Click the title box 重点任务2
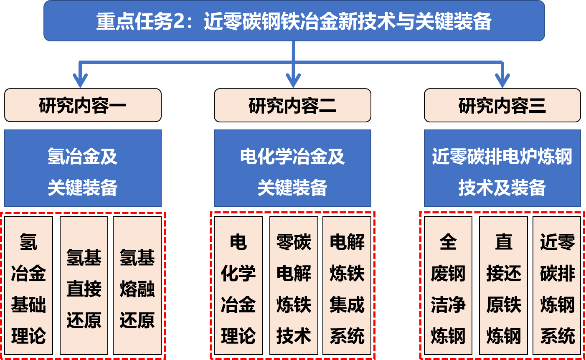tap(294, 21)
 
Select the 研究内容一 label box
tap(83, 105)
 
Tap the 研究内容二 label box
tap(292, 105)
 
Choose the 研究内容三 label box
tap(502, 105)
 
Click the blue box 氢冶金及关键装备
tap(83, 168)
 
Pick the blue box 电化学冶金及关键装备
tap(292, 168)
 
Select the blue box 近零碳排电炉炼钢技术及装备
tap(502, 168)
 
